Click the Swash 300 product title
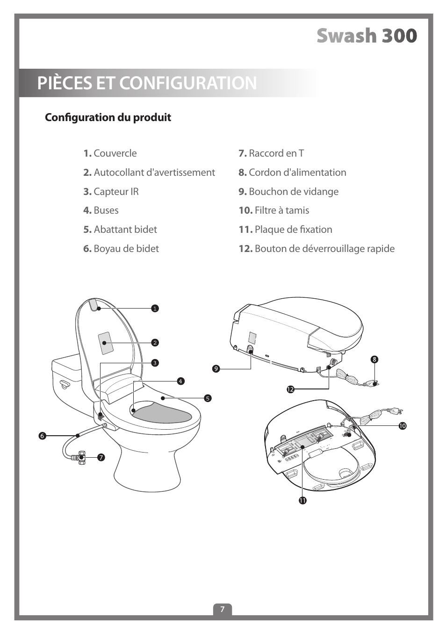(367, 36)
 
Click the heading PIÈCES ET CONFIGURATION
(147, 83)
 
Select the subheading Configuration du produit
(108, 117)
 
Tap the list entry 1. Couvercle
(110, 153)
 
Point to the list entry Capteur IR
(111, 192)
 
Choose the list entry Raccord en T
(271, 153)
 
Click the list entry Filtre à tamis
(274, 210)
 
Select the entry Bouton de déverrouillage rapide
(317, 249)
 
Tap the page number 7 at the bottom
(223, 609)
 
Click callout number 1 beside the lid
(155, 309)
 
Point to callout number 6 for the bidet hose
(42, 436)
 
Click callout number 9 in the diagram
(216, 369)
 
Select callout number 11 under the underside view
(302, 500)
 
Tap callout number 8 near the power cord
(374, 360)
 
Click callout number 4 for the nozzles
(180, 381)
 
